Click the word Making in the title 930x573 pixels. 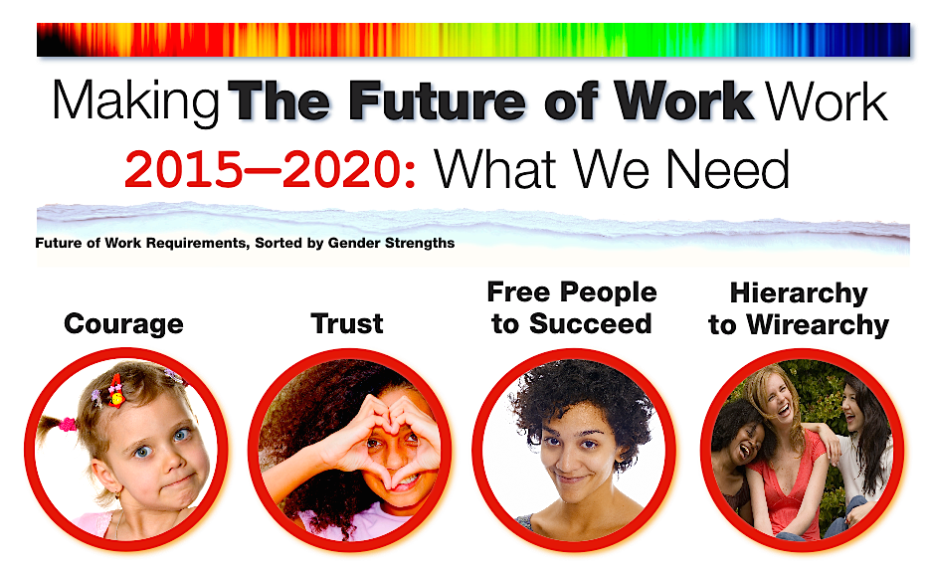click(136, 102)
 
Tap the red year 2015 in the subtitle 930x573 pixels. click(184, 170)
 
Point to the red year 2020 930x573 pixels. click(341, 170)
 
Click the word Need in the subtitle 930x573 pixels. click(728, 169)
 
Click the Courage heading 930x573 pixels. click(123, 324)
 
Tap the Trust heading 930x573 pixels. click(347, 324)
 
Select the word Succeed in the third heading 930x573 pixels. click(590, 324)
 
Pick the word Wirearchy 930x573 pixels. click(818, 325)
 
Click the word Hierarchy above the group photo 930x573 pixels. click(799, 293)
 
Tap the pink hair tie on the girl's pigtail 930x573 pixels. click(67, 424)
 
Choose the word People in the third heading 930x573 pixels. click(609, 292)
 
